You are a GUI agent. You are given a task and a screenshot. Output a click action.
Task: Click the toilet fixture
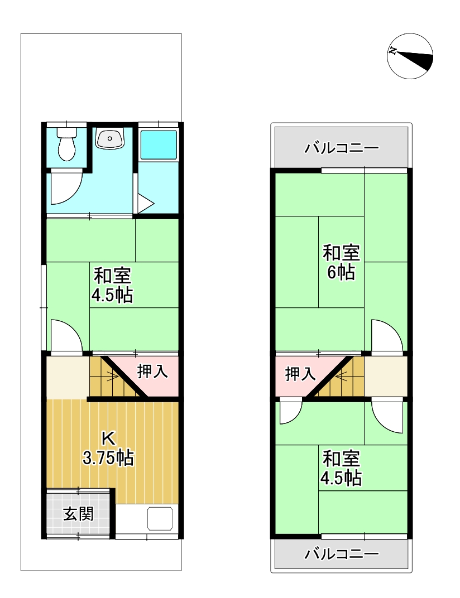[67, 144]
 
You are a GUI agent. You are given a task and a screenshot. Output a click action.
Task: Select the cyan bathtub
[159, 144]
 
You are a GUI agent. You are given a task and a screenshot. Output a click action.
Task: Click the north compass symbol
[411, 55]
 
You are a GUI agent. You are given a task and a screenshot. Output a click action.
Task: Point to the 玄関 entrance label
[78, 513]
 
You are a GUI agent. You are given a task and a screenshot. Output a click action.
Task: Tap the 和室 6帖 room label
[341, 262]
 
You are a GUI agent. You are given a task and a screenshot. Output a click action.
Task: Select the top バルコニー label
[342, 148]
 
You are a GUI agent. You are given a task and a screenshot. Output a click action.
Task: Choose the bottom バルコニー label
[342, 554]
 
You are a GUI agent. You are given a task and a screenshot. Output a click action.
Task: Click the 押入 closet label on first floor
[153, 372]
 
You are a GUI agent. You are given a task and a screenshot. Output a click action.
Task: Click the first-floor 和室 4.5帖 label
[112, 285]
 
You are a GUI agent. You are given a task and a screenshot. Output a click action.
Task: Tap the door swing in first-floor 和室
[65, 336]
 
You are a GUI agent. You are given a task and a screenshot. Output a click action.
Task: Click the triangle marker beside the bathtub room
[145, 203]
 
